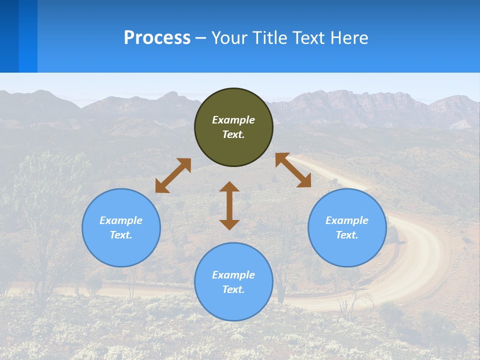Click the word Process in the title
pos(157,38)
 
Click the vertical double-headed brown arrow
pos(229,205)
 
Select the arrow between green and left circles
pos(173,175)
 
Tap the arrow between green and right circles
pos(293,170)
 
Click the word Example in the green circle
pos(233,120)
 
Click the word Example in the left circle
pos(121,220)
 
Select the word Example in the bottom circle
pos(233,275)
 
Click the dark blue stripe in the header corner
pos(9,36)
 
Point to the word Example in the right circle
pos(347,220)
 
